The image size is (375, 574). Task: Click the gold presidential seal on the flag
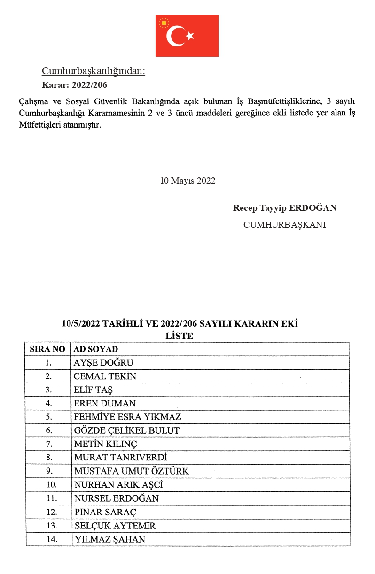pos(164,22)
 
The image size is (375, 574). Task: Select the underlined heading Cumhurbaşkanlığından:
pos(94,71)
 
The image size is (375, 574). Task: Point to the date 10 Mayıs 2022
pos(187,181)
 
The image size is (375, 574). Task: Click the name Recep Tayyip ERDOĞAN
pos(284,208)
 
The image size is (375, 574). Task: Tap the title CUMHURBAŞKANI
pos(284,225)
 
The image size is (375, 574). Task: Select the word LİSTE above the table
pos(180,336)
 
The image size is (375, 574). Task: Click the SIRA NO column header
pos(47,349)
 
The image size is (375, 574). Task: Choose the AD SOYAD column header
pos(96,349)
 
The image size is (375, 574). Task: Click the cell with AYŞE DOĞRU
pos(103,363)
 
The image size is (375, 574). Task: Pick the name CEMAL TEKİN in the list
pos(105,376)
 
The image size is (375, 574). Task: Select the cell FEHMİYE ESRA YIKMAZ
pos(127,417)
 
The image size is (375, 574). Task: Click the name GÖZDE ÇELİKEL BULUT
pos(126,430)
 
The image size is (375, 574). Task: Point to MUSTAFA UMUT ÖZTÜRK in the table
pos(131,471)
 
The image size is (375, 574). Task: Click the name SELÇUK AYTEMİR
pos(115,526)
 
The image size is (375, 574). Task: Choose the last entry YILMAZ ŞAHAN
pos(109,539)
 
